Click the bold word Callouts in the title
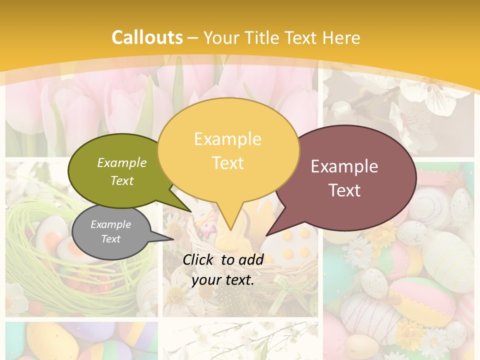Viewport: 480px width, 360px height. (147, 37)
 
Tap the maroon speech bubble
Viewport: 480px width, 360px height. (350, 177)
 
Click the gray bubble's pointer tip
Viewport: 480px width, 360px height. (173, 239)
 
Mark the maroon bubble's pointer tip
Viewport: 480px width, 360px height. (266, 234)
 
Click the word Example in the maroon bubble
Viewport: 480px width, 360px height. (344, 166)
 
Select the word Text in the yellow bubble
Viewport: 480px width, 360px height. (228, 163)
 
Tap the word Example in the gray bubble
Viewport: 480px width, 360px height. (110, 224)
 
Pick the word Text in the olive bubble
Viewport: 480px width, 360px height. (122, 180)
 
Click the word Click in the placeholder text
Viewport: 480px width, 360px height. (198, 259)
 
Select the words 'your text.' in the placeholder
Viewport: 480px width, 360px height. (223, 280)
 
